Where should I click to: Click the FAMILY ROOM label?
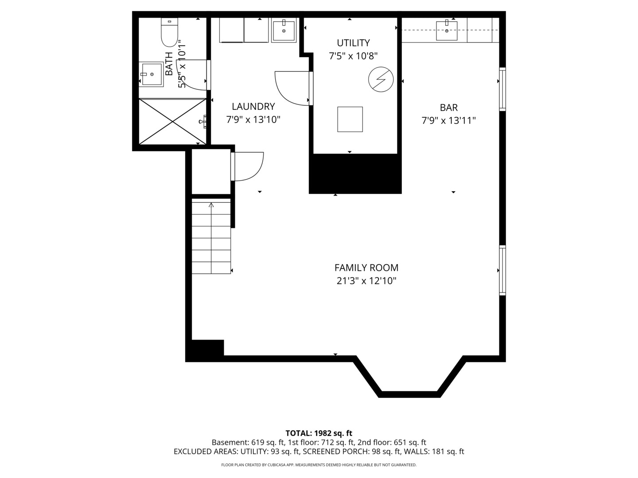click(366, 268)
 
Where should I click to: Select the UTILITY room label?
click(353, 43)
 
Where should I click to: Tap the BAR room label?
click(448, 108)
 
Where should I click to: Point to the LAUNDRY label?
click(253, 107)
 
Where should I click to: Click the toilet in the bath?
click(169, 33)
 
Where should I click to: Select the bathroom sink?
click(152, 74)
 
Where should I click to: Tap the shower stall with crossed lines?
click(172, 121)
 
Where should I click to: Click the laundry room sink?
click(284, 31)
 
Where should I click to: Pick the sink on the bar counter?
click(447, 30)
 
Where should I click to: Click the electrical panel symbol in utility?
click(381, 80)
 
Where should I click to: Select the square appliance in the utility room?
click(350, 119)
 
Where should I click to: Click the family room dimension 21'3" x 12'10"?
click(366, 281)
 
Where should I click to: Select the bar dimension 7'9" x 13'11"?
click(448, 120)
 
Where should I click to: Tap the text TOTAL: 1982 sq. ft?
click(319, 433)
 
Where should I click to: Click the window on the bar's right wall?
click(502, 89)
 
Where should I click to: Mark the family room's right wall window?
click(502, 270)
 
